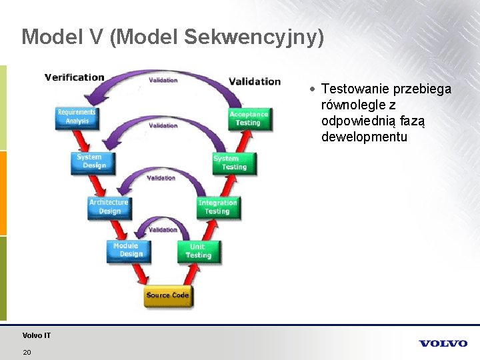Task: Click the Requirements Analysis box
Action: [77, 117]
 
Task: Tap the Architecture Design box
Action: [109, 207]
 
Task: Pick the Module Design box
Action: [128, 251]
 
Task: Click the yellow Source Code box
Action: [168, 295]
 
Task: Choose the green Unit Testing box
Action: [198, 251]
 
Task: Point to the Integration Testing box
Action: [217, 207]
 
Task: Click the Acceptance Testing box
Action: [248, 119]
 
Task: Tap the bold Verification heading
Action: [74, 77]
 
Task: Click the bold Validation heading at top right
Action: [255, 81]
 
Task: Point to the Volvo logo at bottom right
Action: [443, 343]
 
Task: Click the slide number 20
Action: [27, 352]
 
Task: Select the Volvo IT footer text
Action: [36, 335]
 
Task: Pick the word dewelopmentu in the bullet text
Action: [364, 137]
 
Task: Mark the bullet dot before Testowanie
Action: [312, 89]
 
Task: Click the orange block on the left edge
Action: [3, 193]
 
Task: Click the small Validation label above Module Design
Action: [163, 230]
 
